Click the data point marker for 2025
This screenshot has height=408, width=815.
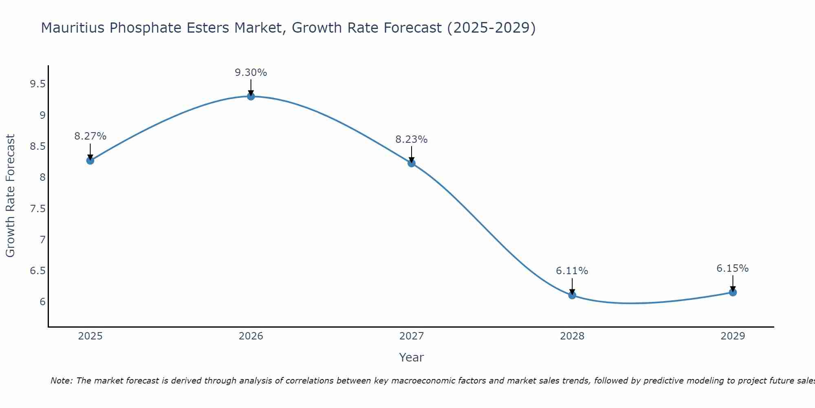(x=90, y=160)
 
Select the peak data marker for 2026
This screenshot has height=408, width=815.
(x=251, y=96)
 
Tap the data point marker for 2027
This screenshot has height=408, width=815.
(x=412, y=163)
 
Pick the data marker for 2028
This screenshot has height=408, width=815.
(x=572, y=295)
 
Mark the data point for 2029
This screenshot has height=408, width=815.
(x=733, y=292)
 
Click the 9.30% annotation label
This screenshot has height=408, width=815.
(x=251, y=73)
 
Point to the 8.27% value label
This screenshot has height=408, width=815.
(x=90, y=136)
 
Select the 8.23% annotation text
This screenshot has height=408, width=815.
(x=412, y=140)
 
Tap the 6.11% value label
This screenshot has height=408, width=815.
(x=572, y=271)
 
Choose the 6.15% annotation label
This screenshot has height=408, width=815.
(x=733, y=268)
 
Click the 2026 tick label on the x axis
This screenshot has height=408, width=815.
(x=251, y=336)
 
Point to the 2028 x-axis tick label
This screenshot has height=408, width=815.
(x=572, y=336)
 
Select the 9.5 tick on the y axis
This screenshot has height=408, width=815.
(x=37, y=84)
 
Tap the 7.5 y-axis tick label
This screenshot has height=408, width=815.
(x=37, y=209)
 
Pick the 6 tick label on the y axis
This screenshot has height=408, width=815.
(x=42, y=302)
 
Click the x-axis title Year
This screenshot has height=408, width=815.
(x=412, y=357)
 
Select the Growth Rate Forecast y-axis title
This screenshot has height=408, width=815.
(x=10, y=196)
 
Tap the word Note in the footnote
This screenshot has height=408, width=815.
(x=61, y=381)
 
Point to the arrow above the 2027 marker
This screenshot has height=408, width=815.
(x=412, y=154)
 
